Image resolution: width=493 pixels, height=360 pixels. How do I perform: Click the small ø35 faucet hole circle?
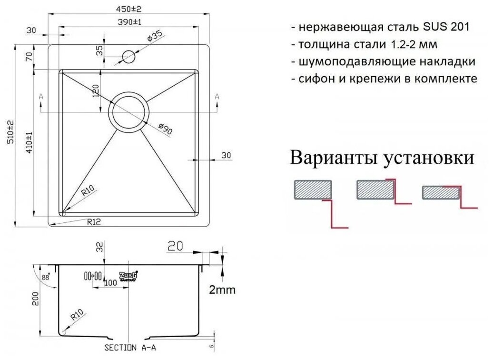(x=128, y=57)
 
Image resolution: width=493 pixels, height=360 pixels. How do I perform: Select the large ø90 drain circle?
(x=128, y=112)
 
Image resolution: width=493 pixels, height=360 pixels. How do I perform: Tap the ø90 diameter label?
(x=165, y=130)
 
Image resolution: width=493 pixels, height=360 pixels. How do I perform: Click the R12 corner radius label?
(x=94, y=221)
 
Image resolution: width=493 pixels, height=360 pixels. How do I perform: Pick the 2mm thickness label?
(x=222, y=290)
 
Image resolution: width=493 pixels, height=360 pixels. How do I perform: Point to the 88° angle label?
(x=46, y=277)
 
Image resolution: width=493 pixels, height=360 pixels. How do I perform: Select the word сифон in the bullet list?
(x=314, y=79)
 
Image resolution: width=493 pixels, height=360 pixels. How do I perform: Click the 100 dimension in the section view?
(x=110, y=283)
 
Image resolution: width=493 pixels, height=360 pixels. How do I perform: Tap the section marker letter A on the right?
(x=217, y=97)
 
